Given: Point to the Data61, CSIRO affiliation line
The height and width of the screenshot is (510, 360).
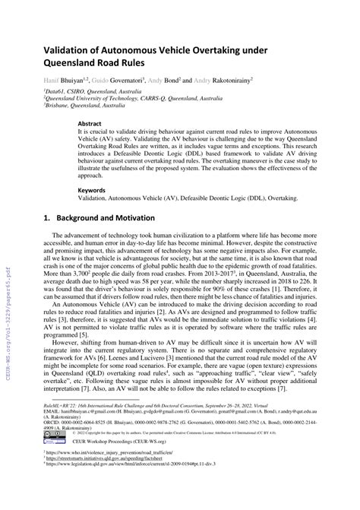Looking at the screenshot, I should click(x=92, y=91).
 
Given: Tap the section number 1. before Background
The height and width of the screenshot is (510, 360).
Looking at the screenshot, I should click(x=46, y=217).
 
